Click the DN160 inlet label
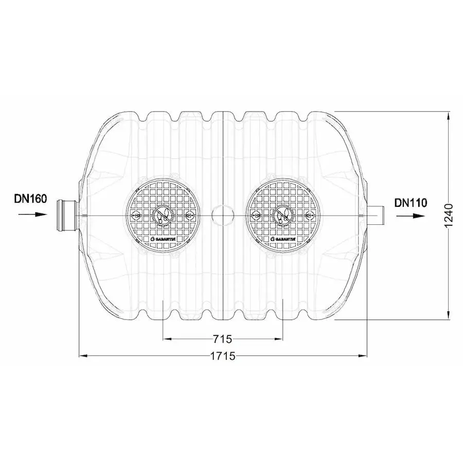tap(30, 199)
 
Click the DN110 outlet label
tap(411, 203)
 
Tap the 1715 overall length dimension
tap(223, 356)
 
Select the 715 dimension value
tap(222, 339)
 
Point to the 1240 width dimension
tap(449, 215)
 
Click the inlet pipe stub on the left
tap(67, 215)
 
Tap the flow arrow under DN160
tap(32, 215)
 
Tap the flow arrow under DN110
tap(411, 216)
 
